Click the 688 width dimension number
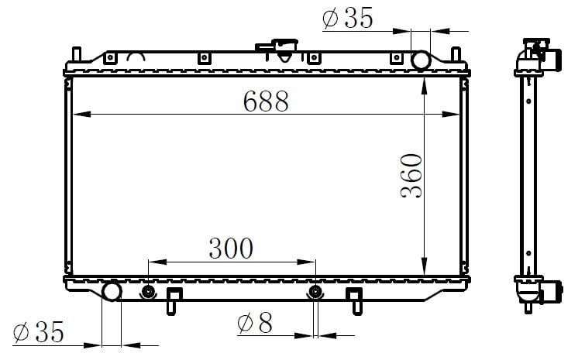click(266, 101)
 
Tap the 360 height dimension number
click(411, 176)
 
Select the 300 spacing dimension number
click(231, 249)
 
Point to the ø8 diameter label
click(255, 323)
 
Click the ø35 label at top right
click(348, 18)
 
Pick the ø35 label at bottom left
click(39, 331)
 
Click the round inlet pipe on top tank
click(421, 60)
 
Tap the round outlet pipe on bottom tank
click(112, 291)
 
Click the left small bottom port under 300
click(149, 292)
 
